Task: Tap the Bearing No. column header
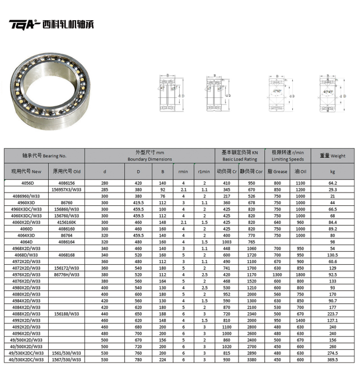[x=44, y=155]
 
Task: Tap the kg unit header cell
[x=332, y=171]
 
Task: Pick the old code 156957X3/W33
[x=67, y=190]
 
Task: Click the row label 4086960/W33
[x=27, y=196]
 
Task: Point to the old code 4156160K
[x=67, y=222]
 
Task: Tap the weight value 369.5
[x=332, y=359]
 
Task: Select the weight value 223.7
[x=332, y=314]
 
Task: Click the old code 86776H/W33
[x=67, y=275]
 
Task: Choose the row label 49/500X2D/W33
[x=27, y=340]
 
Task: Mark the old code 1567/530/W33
[x=67, y=359]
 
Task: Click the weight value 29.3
[x=332, y=190]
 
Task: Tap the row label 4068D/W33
[x=27, y=255]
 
